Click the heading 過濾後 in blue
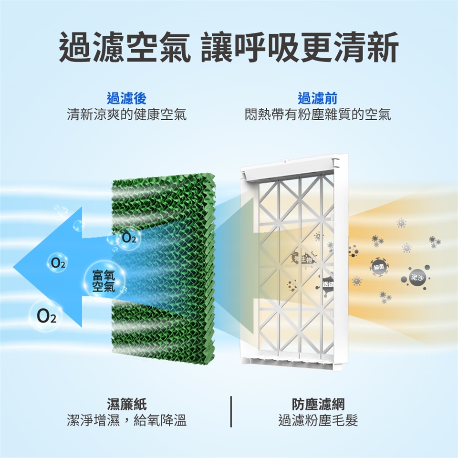click(126, 99)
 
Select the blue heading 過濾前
click(317, 99)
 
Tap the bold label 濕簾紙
click(126, 405)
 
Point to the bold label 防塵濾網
click(318, 405)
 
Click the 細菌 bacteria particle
click(379, 267)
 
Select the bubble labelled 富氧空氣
click(104, 280)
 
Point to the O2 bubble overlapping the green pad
click(128, 238)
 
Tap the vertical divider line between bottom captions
click(231, 411)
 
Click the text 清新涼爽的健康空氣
click(126, 115)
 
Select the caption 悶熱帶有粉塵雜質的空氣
click(317, 115)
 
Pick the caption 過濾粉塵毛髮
click(318, 421)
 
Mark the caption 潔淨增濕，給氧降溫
click(126, 421)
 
